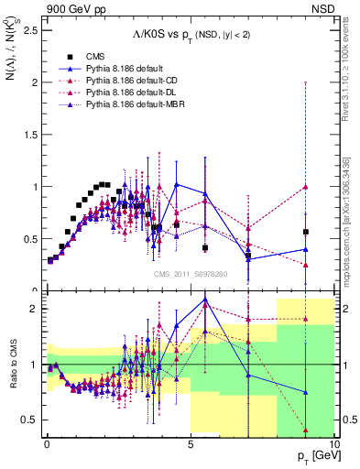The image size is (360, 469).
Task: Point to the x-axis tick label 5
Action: (190, 442)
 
